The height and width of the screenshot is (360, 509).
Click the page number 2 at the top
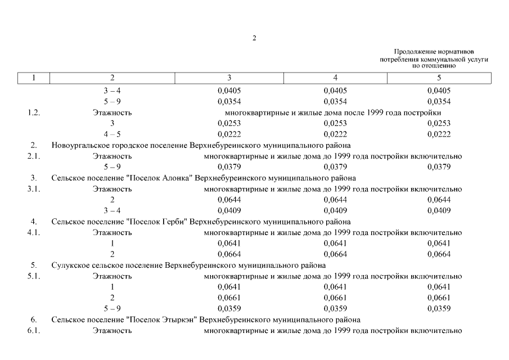click(254, 38)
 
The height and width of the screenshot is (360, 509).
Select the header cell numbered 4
click(335, 78)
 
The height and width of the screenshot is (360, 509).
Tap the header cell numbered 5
click(439, 78)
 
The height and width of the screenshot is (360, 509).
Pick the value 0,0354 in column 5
click(439, 102)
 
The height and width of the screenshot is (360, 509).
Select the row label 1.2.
click(34, 112)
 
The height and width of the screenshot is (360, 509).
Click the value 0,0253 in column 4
click(335, 123)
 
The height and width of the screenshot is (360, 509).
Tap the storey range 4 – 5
click(112, 134)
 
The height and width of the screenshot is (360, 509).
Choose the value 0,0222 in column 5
click(439, 134)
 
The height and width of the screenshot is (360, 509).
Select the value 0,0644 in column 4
click(335, 200)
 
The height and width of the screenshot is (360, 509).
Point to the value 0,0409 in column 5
click(439, 211)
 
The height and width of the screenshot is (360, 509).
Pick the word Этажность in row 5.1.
click(112, 276)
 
